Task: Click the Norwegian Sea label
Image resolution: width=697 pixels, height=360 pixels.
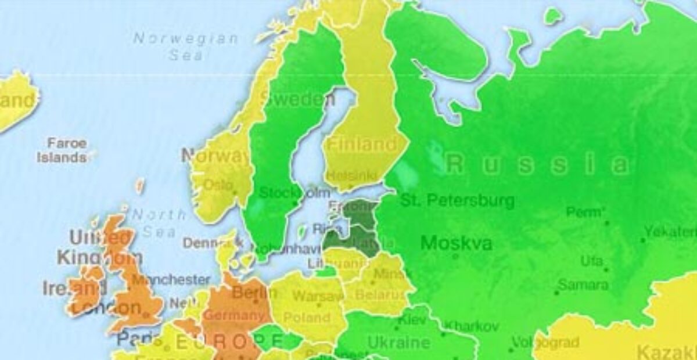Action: (x=186, y=47)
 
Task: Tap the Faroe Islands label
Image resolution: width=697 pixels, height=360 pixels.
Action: (x=63, y=150)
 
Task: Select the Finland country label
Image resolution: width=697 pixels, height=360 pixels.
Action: (x=361, y=144)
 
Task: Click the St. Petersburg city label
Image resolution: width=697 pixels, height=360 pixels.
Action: (x=457, y=201)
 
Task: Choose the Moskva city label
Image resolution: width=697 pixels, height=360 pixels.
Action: (x=456, y=242)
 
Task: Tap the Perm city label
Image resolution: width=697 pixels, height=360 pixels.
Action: (x=584, y=212)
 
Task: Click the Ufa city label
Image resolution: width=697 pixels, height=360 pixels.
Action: (x=591, y=261)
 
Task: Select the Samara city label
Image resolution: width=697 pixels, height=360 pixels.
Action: (x=583, y=285)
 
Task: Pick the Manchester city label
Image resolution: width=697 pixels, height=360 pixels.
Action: (x=171, y=280)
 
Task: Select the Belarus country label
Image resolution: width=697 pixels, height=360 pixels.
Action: (x=380, y=295)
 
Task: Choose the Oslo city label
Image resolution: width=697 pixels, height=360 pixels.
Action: (x=217, y=184)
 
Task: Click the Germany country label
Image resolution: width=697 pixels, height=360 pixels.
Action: (x=235, y=316)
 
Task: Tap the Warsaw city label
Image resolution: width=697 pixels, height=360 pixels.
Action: (x=318, y=296)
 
